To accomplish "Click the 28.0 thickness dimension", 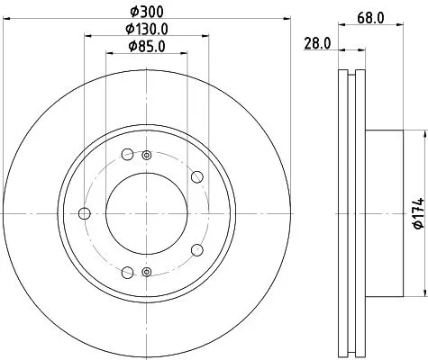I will click(316, 41).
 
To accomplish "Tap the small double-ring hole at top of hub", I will click(146, 155).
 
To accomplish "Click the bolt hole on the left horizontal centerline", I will click(86, 213).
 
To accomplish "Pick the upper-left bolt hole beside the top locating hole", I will click(127, 153).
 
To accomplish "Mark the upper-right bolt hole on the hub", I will click(196, 175).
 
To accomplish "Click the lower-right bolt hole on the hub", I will click(196, 252).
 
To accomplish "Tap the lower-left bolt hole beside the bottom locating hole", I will click(127, 273).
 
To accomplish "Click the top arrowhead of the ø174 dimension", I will click(422, 132).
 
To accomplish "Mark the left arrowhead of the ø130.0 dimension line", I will click(87, 35).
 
